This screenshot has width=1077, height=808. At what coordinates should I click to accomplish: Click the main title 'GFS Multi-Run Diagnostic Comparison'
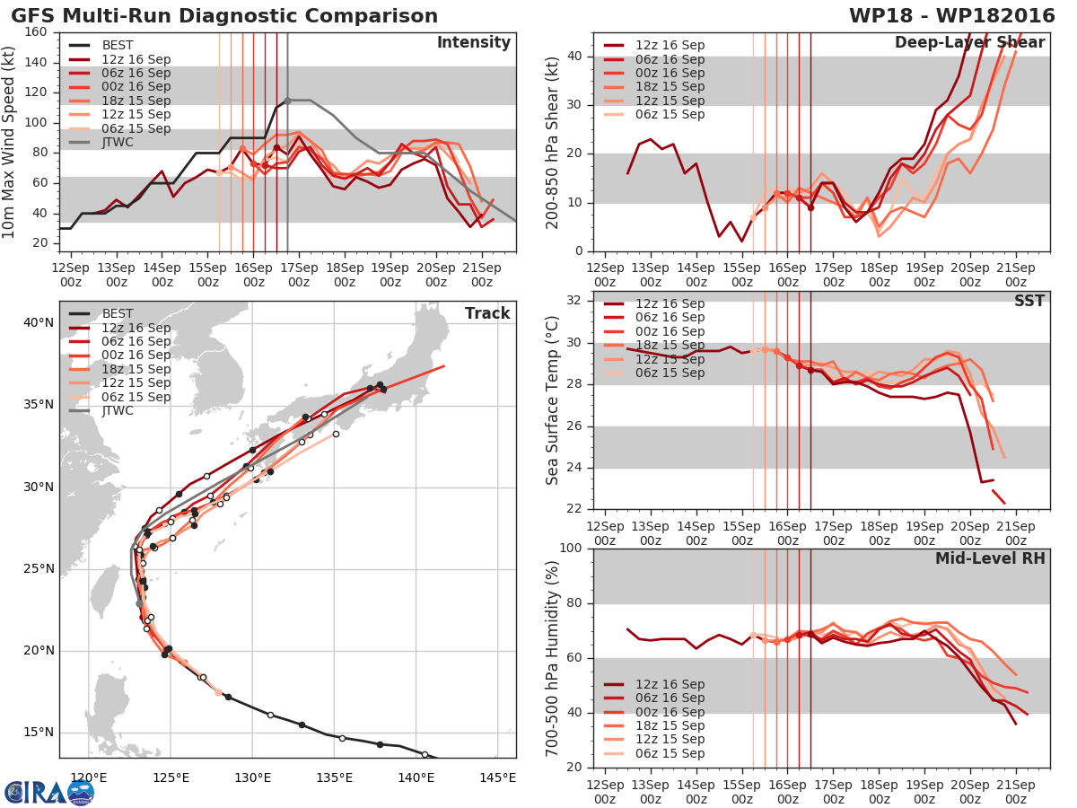point(224,15)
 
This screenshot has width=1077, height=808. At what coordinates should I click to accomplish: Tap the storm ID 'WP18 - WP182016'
point(952,15)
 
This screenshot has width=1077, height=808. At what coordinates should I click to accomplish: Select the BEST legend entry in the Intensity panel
point(101,45)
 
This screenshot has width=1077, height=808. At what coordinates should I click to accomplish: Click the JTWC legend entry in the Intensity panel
point(101,142)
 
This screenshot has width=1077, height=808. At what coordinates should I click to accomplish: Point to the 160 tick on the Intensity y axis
point(36,32)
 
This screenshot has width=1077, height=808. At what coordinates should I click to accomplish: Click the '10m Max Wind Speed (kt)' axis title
point(8,142)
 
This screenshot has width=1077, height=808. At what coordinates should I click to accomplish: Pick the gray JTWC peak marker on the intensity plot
point(287,101)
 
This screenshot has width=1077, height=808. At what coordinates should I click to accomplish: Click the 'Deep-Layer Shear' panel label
point(969,43)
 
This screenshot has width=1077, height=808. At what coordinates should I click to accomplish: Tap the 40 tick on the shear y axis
point(574,56)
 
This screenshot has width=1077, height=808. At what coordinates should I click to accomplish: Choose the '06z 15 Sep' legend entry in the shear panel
point(654,114)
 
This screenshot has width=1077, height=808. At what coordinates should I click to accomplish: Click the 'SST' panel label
point(1029,300)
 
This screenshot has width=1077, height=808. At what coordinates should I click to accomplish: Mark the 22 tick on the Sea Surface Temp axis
point(574,509)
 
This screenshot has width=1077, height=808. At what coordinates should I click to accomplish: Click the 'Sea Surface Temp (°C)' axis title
point(552,400)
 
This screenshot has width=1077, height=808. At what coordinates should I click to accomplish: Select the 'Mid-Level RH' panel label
point(990,558)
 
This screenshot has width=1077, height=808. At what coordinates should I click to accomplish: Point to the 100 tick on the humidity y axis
point(571,548)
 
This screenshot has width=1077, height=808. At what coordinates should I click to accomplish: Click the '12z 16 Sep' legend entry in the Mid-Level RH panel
point(654,684)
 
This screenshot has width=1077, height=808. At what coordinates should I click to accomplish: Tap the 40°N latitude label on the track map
point(39,323)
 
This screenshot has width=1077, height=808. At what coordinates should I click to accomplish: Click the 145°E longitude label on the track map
point(497,777)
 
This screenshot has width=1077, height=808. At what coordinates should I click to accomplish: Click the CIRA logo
point(49,792)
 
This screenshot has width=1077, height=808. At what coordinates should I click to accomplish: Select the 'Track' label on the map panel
point(487,313)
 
